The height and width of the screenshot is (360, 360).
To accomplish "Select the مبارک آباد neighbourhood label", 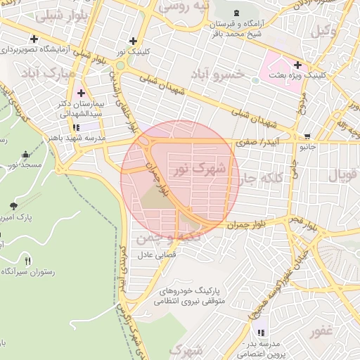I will (x=49, y=73).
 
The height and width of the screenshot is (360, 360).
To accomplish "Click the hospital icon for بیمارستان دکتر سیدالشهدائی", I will (x=81, y=93).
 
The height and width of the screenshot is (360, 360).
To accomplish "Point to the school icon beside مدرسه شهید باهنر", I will (x=75, y=127).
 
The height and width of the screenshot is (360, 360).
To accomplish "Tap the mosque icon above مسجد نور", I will (x=27, y=154).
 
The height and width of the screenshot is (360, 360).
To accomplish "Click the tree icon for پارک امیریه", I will (x=14, y=205).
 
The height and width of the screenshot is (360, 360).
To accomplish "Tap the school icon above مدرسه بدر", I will (x=262, y=333).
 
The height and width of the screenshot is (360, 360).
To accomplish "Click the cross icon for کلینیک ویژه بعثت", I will (x=298, y=65).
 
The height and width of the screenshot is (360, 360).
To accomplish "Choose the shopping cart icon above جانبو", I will (x=307, y=137).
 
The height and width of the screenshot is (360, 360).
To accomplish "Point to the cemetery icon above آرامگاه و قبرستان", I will (x=236, y=13).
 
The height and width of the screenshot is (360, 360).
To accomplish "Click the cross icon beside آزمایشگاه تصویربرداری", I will (x=34, y=39).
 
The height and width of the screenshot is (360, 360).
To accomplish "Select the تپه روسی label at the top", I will (x=184, y=7).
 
